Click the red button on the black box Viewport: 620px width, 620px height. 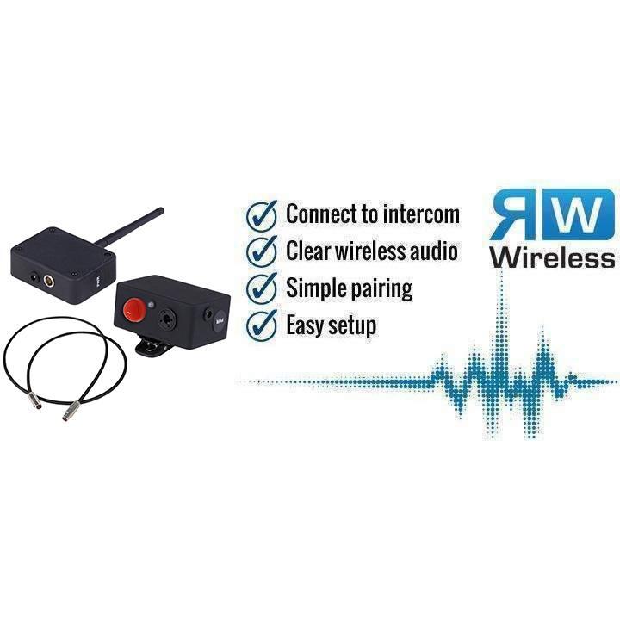[134, 310]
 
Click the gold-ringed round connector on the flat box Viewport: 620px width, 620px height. [49, 281]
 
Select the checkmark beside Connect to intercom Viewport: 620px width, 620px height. [262, 215]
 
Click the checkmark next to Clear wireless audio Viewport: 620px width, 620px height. [262, 251]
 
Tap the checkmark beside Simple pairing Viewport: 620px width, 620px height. [262, 288]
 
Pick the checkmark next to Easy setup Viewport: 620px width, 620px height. [262, 325]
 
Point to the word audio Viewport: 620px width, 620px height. [434, 251]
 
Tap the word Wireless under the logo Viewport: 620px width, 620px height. [552, 257]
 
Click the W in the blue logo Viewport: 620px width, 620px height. [578, 214]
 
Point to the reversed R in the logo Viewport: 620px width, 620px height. [515, 214]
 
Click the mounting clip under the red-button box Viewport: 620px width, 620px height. [153, 347]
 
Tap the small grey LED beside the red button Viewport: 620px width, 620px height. [151, 305]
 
